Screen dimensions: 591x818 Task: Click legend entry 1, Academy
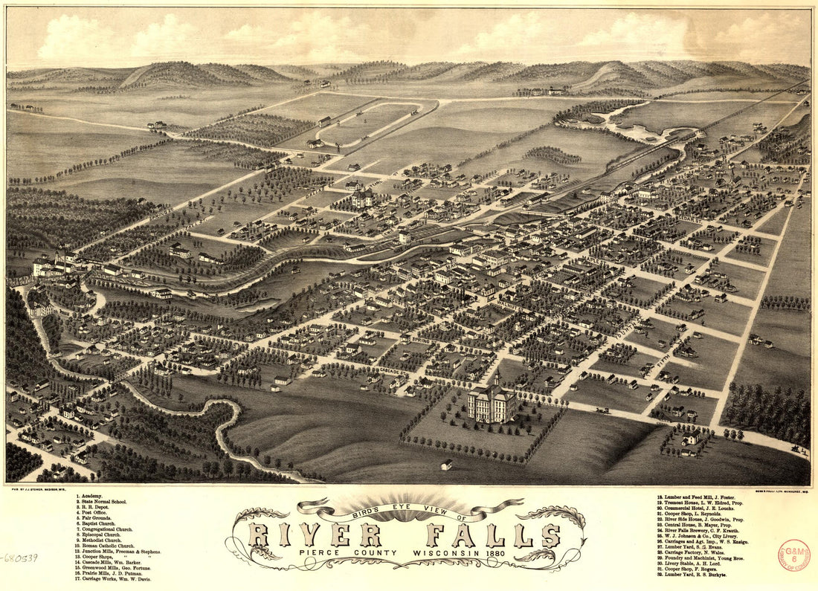tap(88, 496)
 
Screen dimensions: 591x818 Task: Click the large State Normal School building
tap(492, 401)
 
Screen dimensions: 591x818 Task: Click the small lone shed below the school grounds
tap(446, 465)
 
